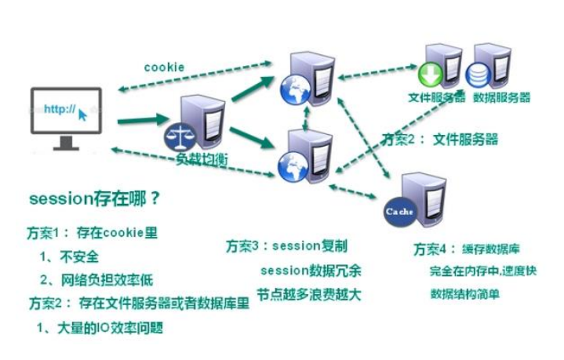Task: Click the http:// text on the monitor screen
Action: tap(60, 110)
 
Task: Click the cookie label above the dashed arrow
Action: tap(164, 67)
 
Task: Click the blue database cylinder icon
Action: tap(478, 77)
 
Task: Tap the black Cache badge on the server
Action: tap(397, 211)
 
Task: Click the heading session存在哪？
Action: tap(94, 198)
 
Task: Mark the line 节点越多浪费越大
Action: tap(311, 296)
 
